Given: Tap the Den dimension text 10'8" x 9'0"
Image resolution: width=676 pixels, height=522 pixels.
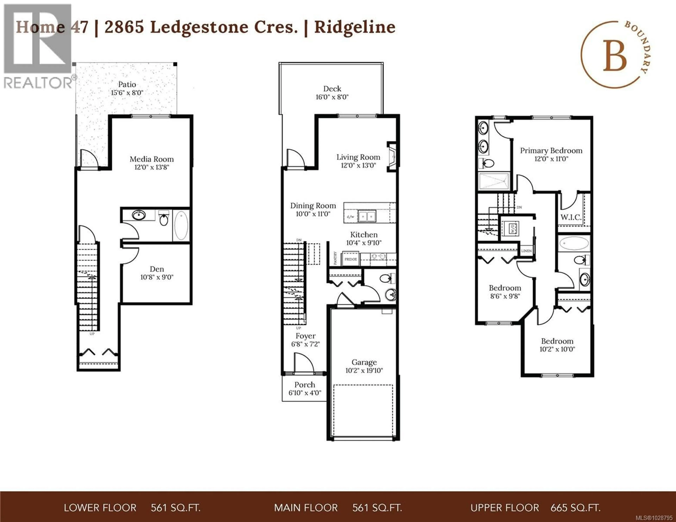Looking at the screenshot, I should (157, 277).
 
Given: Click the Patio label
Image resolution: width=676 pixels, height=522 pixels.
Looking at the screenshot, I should (127, 84).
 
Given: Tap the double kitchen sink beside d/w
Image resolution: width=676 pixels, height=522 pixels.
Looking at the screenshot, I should (367, 216).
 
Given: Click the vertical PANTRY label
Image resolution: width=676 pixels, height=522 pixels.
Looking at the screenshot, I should (335, 258).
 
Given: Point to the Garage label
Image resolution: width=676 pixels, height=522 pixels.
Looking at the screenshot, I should (364, 362).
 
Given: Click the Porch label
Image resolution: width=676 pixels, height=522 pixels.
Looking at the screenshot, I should (305, 385).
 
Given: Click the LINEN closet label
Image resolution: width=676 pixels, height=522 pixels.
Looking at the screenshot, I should (526, 251).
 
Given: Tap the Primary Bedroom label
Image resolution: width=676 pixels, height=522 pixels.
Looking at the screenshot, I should (551, 151).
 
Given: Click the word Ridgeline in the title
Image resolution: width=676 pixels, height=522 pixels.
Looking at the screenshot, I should (355, 27).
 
